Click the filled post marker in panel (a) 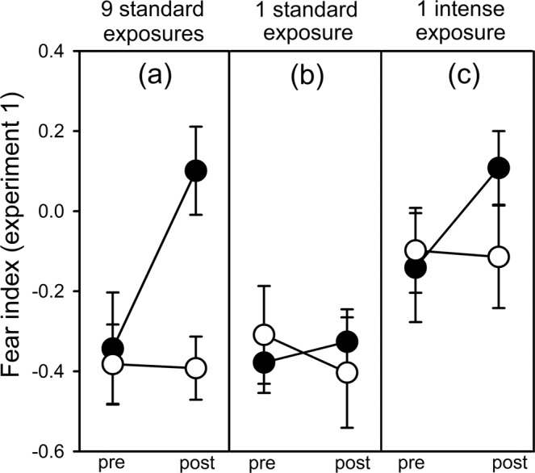pyautogui.click(x=196, y=171)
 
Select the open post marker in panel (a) pyautogui.click(x=196, y=368)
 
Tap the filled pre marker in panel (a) pyautogui.click(x=113, y=349)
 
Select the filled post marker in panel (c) pyautogui.click(x=499, y=168)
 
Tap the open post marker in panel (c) pyautogui.click(x=499, y=257)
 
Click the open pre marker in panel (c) pyautogui.click(x=415, y=250)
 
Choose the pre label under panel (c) pyautogui.click(x=415, y=464)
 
